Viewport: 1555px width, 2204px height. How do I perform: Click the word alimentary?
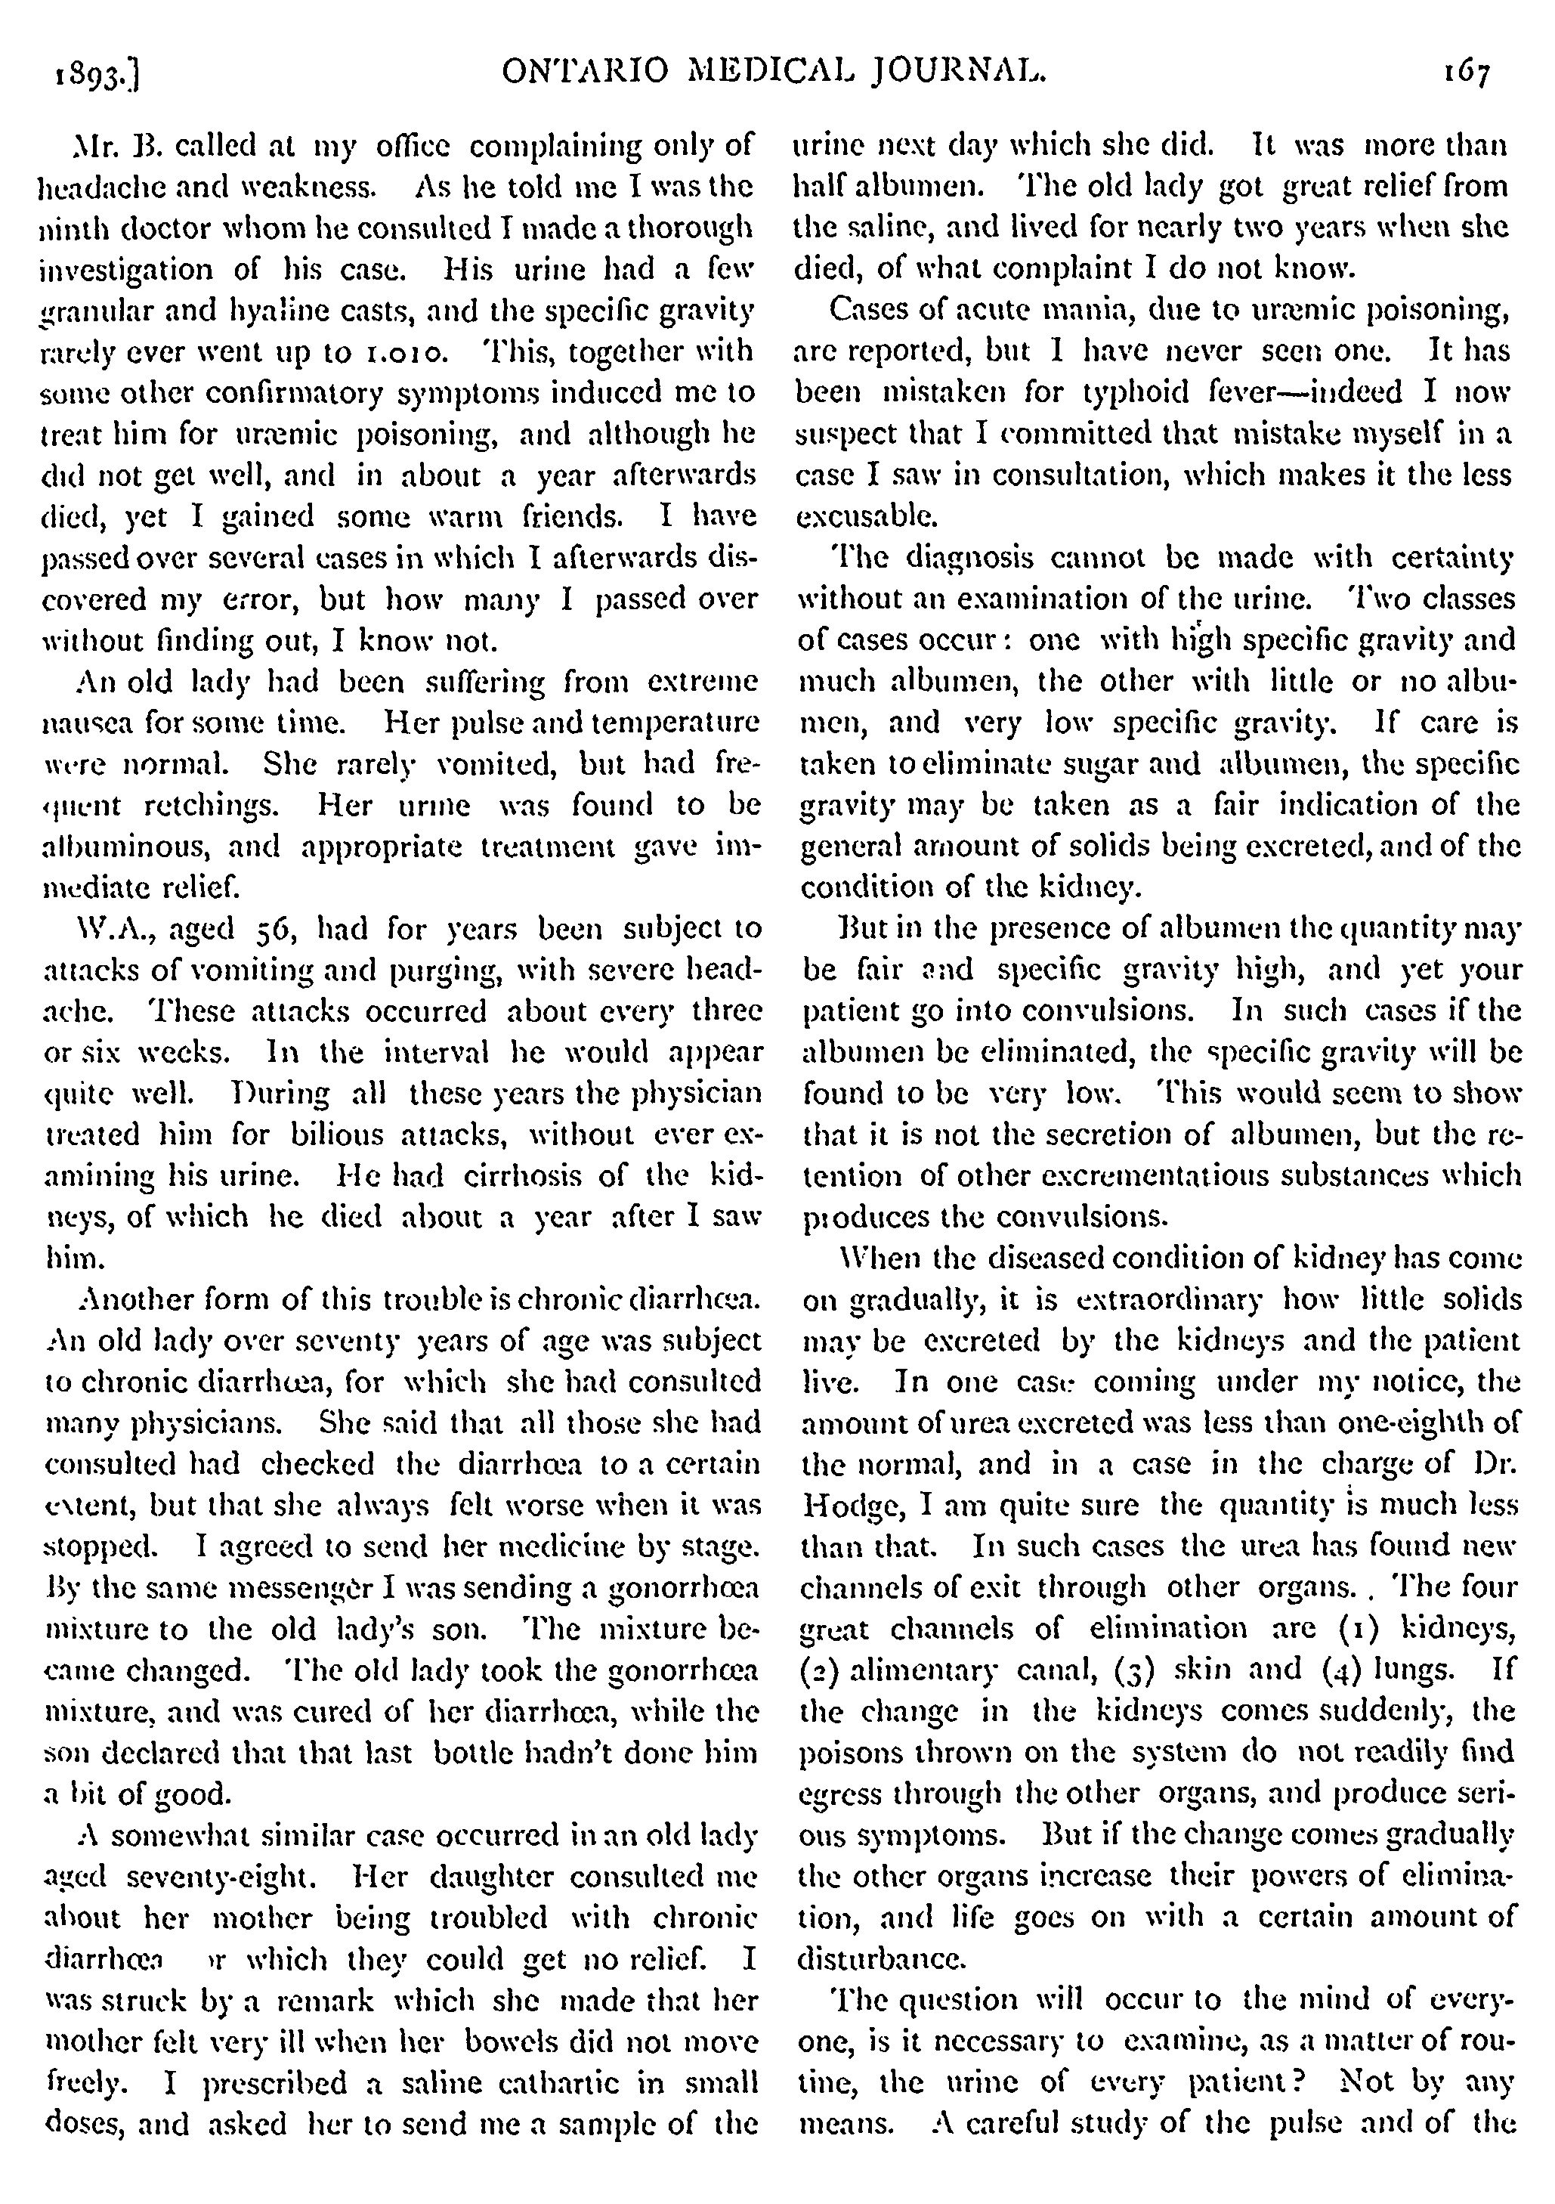(x=920, y=1670)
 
